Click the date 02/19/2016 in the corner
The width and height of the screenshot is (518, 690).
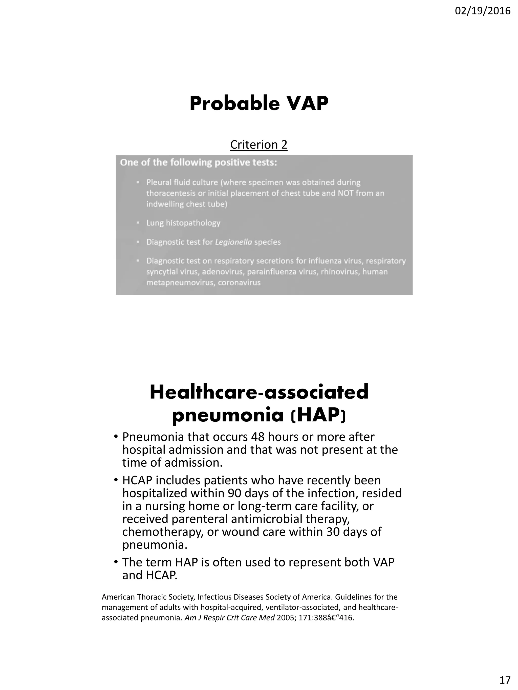click(482, 11)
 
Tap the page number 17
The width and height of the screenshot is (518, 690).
click(505, 679)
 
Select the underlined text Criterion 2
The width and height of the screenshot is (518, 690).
click(258, 145)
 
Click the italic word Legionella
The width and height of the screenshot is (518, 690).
click(233, 242)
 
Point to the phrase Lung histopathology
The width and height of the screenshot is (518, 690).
click(183, 223)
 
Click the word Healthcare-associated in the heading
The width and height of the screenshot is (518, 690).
click(259, 392)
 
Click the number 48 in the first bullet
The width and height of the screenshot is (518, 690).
click(258, 437)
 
